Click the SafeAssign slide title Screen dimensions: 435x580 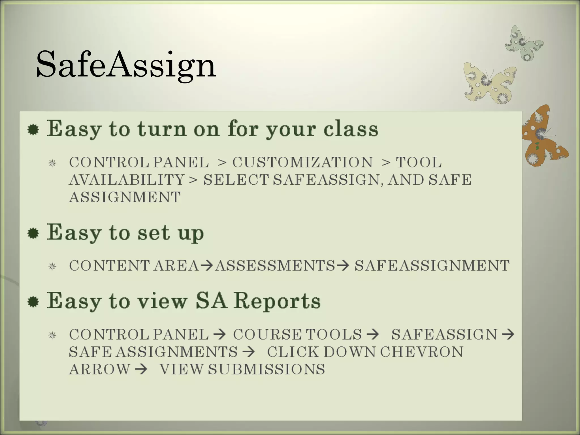point(126,64)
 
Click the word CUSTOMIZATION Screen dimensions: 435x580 point(302,162)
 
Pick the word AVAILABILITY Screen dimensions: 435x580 point(127,180)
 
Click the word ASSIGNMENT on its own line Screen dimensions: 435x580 point(125,197)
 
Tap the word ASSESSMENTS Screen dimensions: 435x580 point(275,266)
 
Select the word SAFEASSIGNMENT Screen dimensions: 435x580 point(432,266)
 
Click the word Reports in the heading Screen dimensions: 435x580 point(277,301)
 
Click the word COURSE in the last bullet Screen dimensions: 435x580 point(267,334)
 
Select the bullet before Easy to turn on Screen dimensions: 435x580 point(33,130)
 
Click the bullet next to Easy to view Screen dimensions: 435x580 point(33,302)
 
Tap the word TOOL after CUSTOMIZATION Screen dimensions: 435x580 point(419,162)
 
